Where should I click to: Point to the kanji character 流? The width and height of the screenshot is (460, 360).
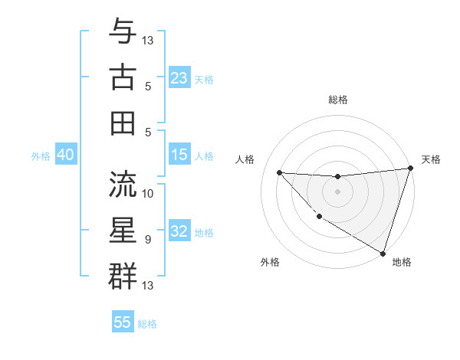pos(123,184)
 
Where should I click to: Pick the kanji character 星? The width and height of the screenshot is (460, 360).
pos(123,230)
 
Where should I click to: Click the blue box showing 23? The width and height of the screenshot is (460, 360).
pos(179,77)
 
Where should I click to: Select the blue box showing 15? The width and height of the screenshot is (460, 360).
pos(179,155)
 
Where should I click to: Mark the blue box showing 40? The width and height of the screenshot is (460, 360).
pos(66,155)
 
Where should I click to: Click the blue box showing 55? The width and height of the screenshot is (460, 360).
pos(123,322)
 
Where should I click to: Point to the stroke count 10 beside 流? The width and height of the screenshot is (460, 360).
pos(148,193)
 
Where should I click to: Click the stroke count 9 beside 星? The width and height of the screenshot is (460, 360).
pos(148,239)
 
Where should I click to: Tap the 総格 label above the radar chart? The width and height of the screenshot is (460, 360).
pos(337,100)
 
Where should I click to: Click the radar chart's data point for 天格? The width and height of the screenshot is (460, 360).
pos(410,169)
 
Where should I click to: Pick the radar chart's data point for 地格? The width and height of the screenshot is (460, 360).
pos(383,253)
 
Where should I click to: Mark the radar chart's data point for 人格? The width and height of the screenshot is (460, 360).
pos(279,172)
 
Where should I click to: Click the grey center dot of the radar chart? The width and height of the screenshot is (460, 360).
pos(337,191)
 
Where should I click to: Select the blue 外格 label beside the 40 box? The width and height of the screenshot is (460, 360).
pos(41,155)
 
